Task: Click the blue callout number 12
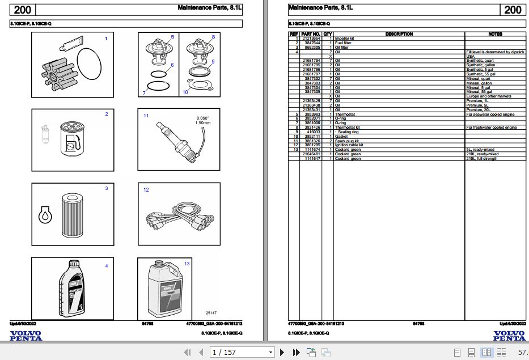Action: (x=146, y=189)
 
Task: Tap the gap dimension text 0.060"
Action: (x=202, y=118)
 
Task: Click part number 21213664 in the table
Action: (x=311, y=38)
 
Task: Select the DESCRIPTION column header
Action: (x=399, y=34)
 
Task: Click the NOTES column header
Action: (x=494, y=34)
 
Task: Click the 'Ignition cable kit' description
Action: (x=349, y=145)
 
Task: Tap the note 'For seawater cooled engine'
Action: (x=490, y=114)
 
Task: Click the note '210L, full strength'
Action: (x=481, y=159)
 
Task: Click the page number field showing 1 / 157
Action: (x=242, y=353)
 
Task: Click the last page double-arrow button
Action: (x=295, y=353)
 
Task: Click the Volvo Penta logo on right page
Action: (x=509, y=336)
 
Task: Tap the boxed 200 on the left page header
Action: (x=23, y=10)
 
